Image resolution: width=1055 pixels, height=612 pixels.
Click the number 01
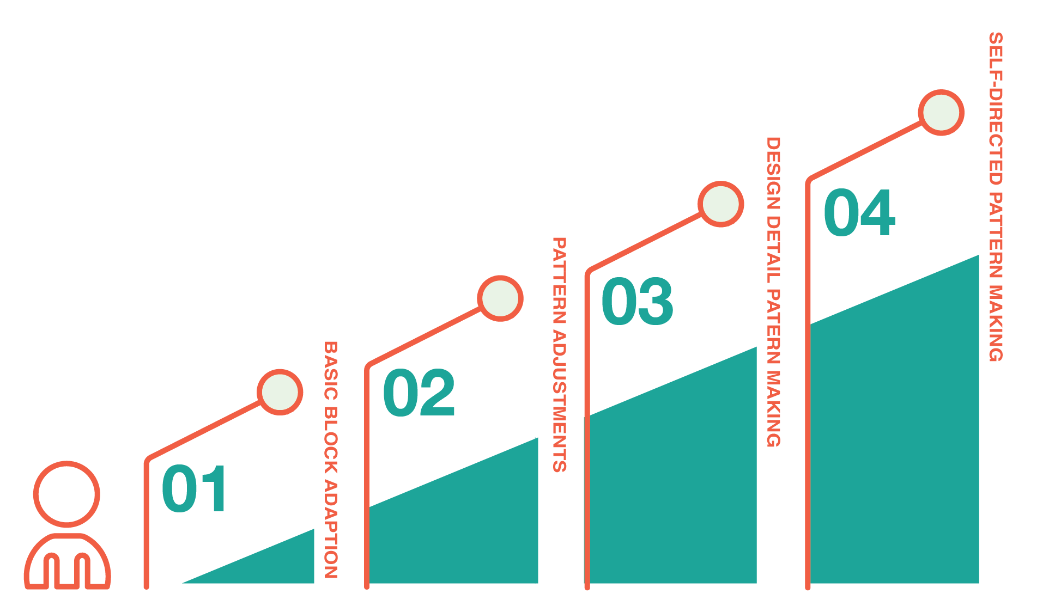[x=195, y=488]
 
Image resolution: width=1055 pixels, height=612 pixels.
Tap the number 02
[x=419, y=393]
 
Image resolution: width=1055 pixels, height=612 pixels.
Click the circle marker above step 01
[x=280, y=392]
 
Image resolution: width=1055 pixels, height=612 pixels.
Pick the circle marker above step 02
[x=500, y=298]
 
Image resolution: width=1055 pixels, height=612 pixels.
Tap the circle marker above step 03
[x=720, y=204]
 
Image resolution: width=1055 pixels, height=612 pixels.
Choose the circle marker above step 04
[x=941, y=113]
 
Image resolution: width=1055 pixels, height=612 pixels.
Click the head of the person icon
[x=66, y=494]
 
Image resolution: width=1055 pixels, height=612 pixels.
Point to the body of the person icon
[x=67, y=564]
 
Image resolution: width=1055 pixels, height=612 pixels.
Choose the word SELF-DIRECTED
[x=996, y=109]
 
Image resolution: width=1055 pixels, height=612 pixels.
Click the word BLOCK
[x=331, y=441]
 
